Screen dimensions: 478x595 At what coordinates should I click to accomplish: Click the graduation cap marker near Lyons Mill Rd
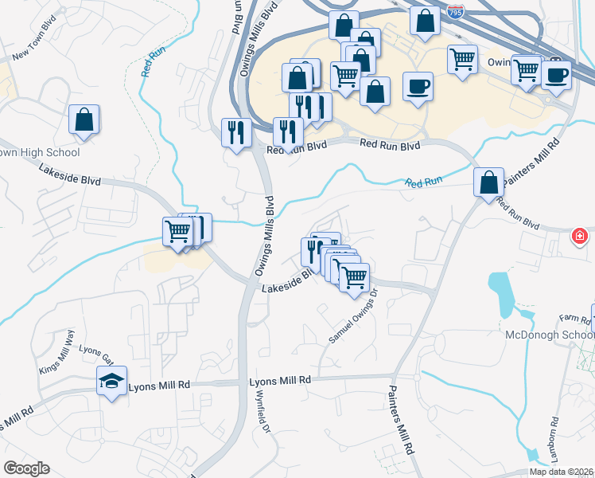112,381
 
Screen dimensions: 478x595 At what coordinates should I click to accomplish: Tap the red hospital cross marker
581,236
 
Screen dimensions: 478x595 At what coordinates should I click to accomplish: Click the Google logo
26,468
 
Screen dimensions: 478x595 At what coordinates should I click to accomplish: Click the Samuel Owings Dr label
357,323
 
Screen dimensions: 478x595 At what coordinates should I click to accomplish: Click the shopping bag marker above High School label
84,120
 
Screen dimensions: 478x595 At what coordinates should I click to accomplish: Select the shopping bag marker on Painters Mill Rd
488,182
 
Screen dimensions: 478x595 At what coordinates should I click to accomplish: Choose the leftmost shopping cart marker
177,232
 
